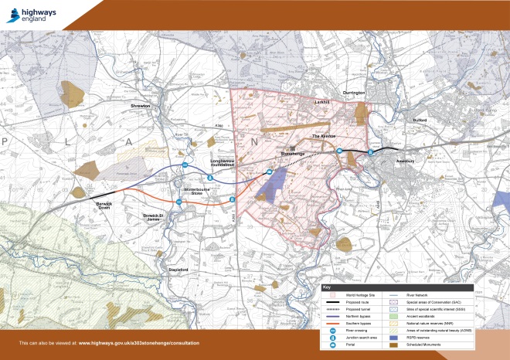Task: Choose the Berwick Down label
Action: pos(104,205)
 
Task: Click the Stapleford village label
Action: pos(178,268)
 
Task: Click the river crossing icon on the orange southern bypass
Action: pos(178,201)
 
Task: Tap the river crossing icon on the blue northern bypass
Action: pos(185,165)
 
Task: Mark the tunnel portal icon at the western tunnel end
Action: pos(269,172)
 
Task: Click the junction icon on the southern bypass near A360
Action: pos(232,200)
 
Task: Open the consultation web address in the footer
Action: pos(139,341)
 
